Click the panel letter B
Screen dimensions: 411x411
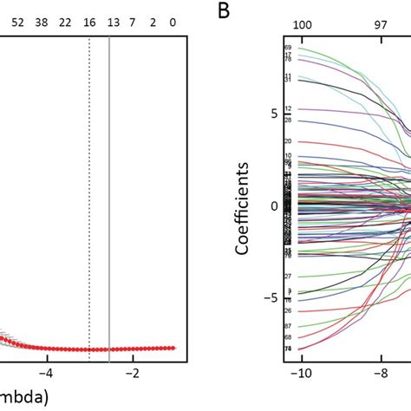[224, 11]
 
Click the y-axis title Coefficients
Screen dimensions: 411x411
[245, 205]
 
